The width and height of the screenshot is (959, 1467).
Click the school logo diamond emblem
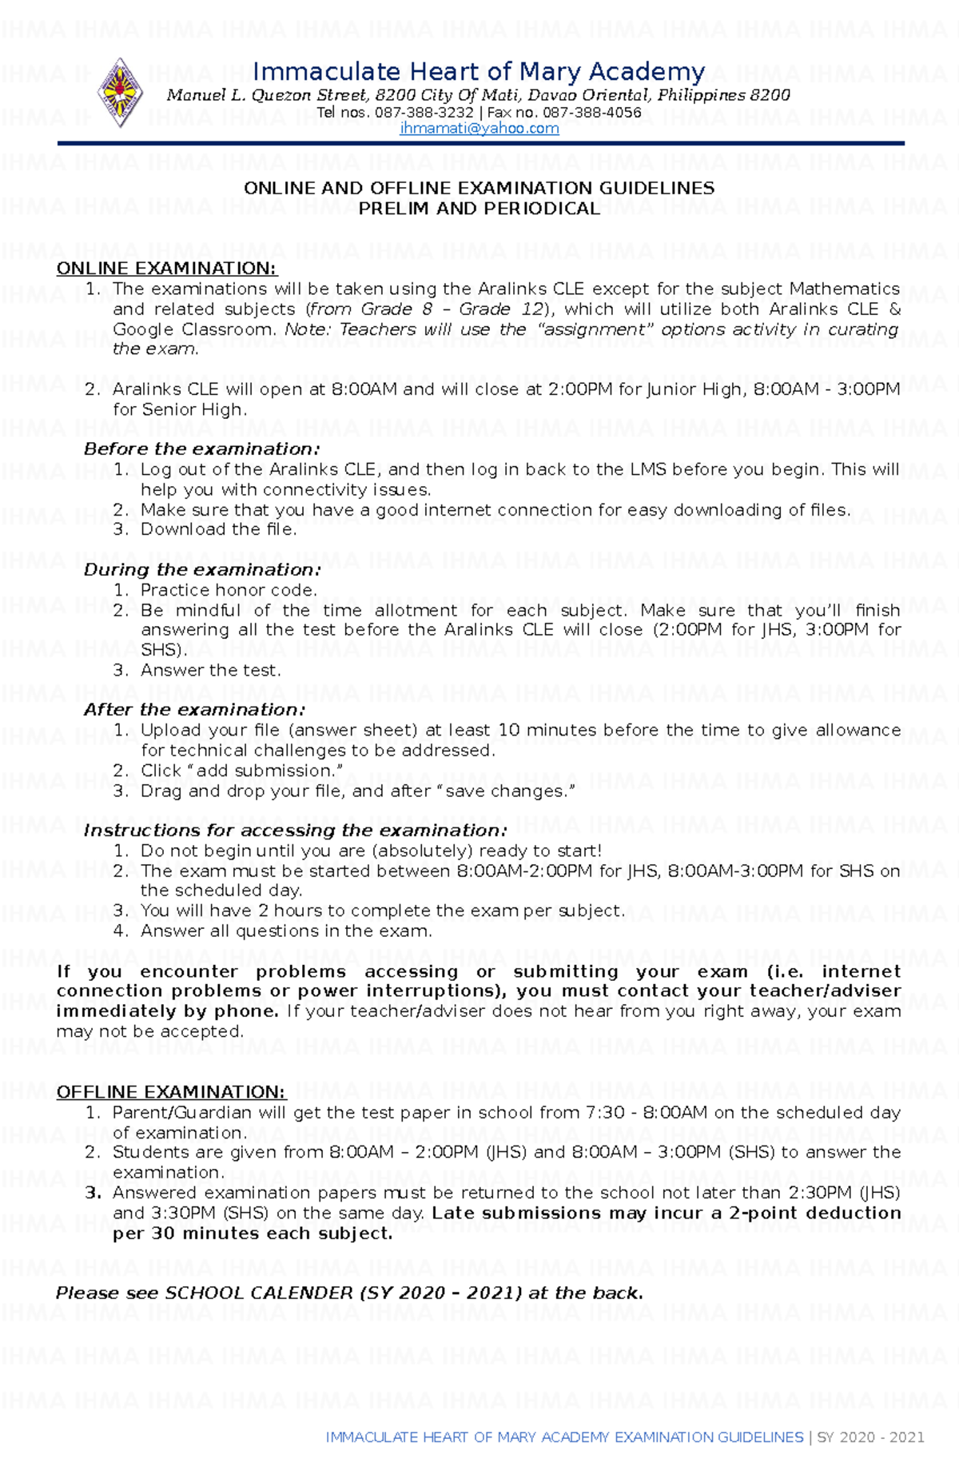(x=120, y=93)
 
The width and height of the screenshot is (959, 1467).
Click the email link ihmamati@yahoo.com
(x=479, y=129)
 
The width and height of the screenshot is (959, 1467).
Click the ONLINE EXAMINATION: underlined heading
(x=166, y=269)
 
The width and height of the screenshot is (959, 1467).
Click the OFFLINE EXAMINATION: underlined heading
(x=170, y=1092)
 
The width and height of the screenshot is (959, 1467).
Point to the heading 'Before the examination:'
(x=201, y=449)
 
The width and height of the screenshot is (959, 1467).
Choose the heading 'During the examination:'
(x=202, y=570)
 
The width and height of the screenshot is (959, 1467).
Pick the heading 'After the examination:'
(x=194, y=710)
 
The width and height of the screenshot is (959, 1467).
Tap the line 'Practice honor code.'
(x=229, y=590)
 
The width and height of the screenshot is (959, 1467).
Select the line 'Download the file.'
(x=218, y=529)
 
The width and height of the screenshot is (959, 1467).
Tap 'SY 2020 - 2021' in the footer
(x=870, y=1437)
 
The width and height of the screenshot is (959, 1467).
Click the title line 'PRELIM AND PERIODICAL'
(x=479, y=209)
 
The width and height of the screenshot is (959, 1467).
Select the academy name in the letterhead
(x=479, y=73)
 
